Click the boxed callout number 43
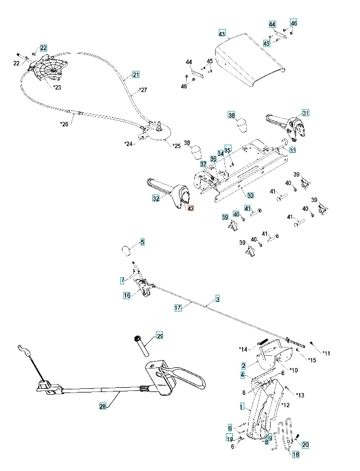pyautogui.click(x=222, y=33)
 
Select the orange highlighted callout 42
pyautogui.click(x=191, y=208)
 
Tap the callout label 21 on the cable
pyautogui.click(x=136, y=74)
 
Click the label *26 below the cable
pyautogui.click(x=64, y=124)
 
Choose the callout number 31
pyautogui.click(x=306, y=113)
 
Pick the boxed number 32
pyautogui.click(x=156, y=198)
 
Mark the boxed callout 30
pyautogui.click(x=251, y=195)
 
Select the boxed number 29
pyautogui.click(x=160, y=335)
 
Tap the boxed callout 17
pyautogui.click(x=178, y=308)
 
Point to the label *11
pyautogui.click(x=326, y=354)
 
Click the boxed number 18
pyautogui.click(x=296, y=455)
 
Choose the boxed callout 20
pyautogui.click(x=306, y=444)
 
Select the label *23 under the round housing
pyautogui.click(x=57, y=87)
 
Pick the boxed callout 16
pyautogui.click(x=127, y=296)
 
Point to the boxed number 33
pyautogui.click(x=292, y=150)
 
